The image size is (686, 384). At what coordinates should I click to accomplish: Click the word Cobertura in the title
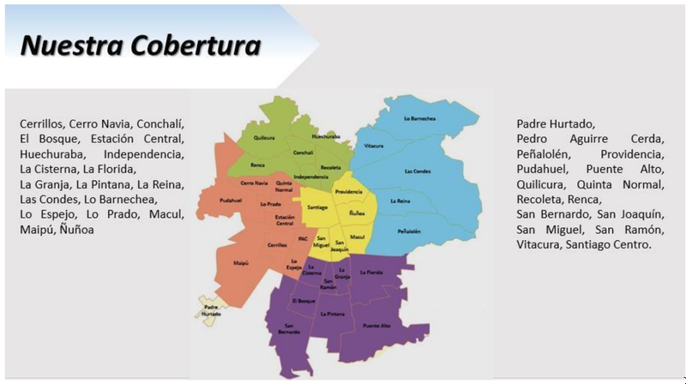tap(197, 45)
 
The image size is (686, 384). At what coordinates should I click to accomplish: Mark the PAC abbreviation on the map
tap(303, 239)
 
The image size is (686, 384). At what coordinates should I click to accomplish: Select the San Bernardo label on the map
tap(288, 329)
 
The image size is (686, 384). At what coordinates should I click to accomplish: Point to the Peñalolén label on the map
tap(409, 231)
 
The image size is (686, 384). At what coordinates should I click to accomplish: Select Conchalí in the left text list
tap(159, 123)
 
